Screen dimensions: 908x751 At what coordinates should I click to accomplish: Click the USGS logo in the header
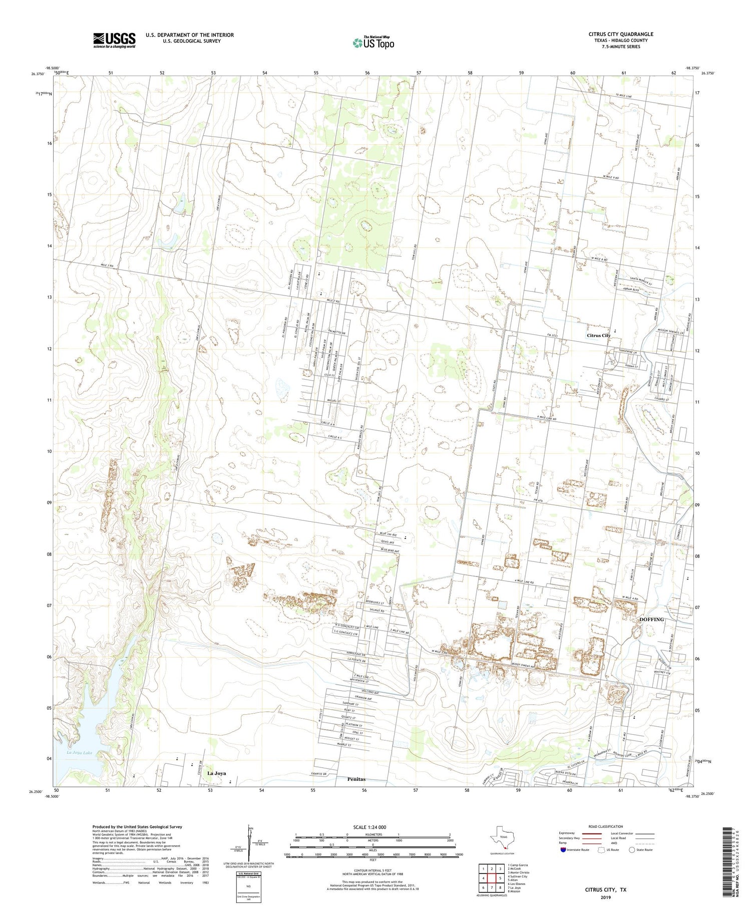(x=114, y=40)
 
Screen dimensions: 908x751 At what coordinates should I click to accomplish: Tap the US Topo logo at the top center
(x=373, y=43)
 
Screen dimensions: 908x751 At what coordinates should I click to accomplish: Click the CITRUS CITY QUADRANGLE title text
(x=620, y=34)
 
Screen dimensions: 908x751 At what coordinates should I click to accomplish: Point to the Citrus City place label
(x=599, y=335)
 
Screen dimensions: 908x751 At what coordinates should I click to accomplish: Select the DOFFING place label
(x=651, y=619)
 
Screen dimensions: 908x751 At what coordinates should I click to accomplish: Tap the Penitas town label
(x=356, y=779)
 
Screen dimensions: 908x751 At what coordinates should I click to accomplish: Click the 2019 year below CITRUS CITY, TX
(x=606, y=897)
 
